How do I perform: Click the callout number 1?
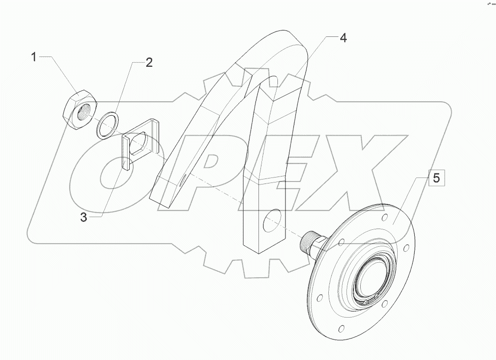point(34,57)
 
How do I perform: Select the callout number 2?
point(149,63)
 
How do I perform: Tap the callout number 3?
point(84,217)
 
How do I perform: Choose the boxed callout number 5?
point(436,179)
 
